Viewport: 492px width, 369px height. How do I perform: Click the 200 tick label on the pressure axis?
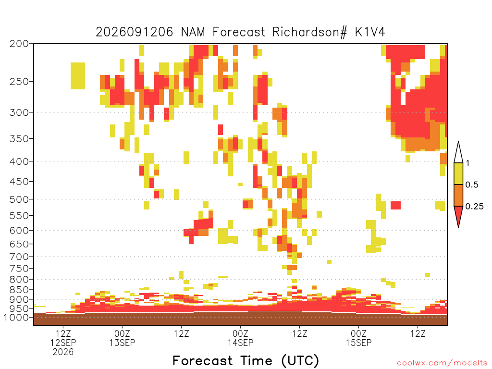pyautogui.click(x=19, y=44)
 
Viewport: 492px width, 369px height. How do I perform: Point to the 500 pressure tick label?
pyautogui.click(x=19, y=199)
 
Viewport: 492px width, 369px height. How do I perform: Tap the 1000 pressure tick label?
pyautogui.click(x=16, y=317)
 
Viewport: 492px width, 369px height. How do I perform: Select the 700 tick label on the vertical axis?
pyautogui.click(x=19, y=257)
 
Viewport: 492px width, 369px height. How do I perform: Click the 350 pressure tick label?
pyautogui.click(x=19, y=139)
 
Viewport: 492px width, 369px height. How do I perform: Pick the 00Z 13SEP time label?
pyautogui.click(x=122, y=338)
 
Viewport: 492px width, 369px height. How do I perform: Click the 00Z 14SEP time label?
pyautogui.click(x=240, y=338)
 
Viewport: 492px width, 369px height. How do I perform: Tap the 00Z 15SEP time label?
pyautogui.click(x=358, y=338)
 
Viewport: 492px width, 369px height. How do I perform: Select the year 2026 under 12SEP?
pyautogui.click(x=63, y=352)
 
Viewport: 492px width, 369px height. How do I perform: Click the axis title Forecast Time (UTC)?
pyautogui.click(x=246, y=361)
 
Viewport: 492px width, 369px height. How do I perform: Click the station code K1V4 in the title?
pyautogui.click(x=370, y=32)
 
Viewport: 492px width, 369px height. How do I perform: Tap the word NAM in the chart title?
pyautogui.click(x=193, y=32)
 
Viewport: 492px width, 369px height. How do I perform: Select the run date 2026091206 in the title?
pyautogui.click(x=135, y=32)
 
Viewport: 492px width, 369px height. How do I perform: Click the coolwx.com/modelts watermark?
pyautogui.click(x=442, y=363)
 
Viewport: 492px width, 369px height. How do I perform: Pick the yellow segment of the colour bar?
pyautogui.click(x=458, y=174)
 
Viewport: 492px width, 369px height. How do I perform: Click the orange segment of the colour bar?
pyautogui.click(x=458, y=196)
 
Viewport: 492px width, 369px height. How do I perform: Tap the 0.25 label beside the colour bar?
pyautogui.click(x=474, y=207)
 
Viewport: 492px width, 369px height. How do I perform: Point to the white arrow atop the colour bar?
pyautogui.click(x=458, y=152)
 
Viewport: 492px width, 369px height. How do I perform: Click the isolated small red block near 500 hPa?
pyautogui.click(x=396, y=206)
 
